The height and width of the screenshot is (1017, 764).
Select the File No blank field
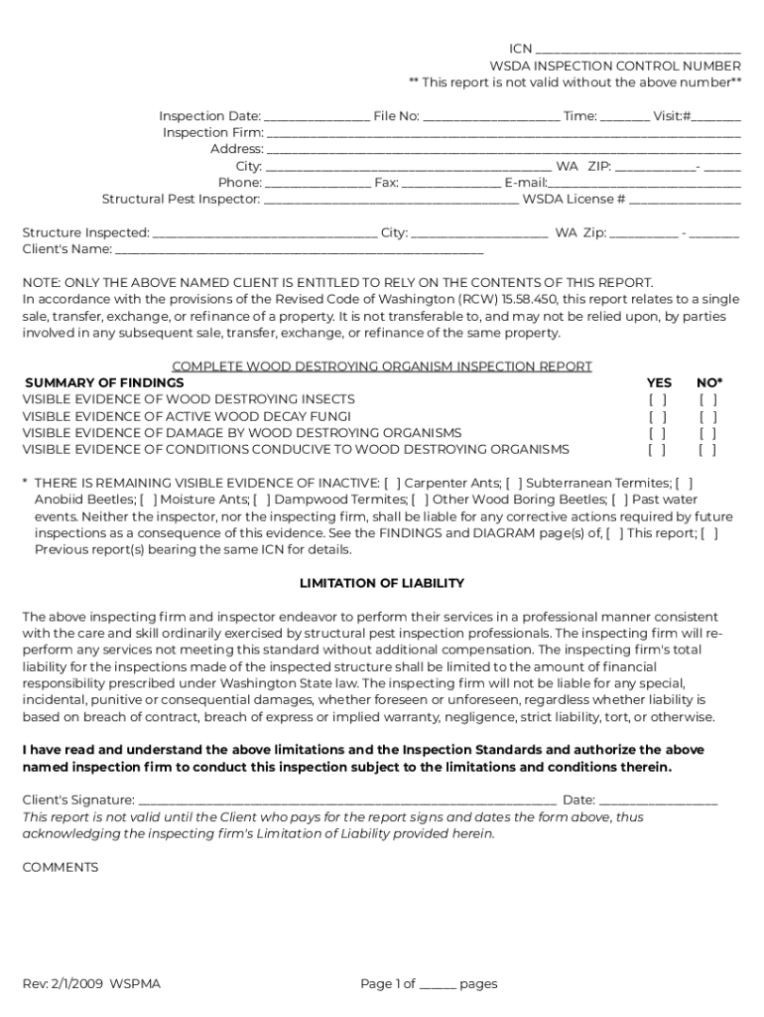pyautogui.click(x=491, y=117)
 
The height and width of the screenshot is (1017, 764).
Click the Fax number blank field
pyautogui.click(x=451, y=183)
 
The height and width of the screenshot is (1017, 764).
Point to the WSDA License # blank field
pyautogui.click(x=685, y=200)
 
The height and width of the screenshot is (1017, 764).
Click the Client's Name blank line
pyautogui.click(x=299, y=250)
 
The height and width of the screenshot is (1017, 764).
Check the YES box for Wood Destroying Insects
pyautogui.click(x=658, y=400)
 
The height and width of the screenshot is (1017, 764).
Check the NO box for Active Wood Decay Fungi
pyautogui.click(x=707, y=417)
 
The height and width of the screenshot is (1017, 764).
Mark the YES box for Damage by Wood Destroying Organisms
pyautogui.click(x=658, y=433)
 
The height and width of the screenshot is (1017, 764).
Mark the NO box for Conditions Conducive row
pyautogui.click(x=707, y=450)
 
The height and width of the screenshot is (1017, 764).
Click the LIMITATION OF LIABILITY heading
pyautogui.click(x=382, y=584)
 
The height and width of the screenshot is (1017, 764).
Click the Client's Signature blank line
pyautogui.click(x=347, y=800)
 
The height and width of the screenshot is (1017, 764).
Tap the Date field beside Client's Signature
pyautogui.click(x=658, y=800)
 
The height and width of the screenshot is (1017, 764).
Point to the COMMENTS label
pyautogui.click(x=61, y=867)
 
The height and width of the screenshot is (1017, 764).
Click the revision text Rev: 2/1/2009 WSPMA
pyautogui.click(x=91, y=984)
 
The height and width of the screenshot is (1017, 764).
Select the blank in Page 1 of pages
pyautogui.click(x=438, y=985)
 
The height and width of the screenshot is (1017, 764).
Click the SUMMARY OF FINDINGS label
pyautogui.click(x=104, y=383)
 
